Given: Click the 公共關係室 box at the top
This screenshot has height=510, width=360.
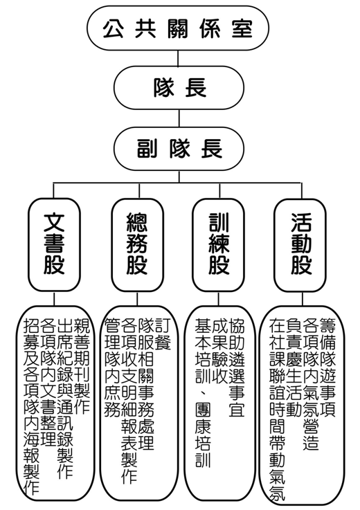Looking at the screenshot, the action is (x=178, y=28).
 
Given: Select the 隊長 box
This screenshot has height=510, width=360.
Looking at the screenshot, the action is (x=179, y=88).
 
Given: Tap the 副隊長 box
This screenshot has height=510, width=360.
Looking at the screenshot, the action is (x=179, y=149).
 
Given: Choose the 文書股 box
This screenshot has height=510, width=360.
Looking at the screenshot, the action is (x=54, y=245).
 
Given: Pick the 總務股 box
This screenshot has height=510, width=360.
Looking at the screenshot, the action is (x=137, y=245).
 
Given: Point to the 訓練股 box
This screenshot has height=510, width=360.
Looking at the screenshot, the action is (x=218, y=245).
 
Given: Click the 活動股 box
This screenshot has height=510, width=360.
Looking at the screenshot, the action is (x=300, y=245).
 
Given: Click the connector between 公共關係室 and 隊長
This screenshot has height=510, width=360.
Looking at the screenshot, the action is (x=178, y=59).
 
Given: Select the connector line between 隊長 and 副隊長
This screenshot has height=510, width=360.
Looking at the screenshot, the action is (x=179, y=118).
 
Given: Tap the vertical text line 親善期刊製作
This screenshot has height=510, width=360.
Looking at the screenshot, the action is (x=82, y=366).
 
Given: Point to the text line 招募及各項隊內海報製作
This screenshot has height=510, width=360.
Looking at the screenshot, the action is (x=32, y=406).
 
